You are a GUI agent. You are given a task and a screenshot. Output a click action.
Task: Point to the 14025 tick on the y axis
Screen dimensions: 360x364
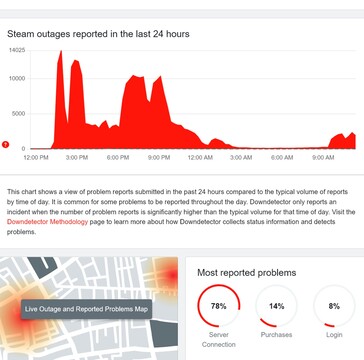(17, 49)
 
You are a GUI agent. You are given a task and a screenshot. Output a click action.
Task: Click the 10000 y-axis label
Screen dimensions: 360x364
(18, 81)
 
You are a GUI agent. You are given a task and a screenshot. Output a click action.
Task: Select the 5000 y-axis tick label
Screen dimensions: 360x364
(20, 113)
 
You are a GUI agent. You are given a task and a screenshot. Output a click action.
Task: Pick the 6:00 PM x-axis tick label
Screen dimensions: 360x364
(118, 157)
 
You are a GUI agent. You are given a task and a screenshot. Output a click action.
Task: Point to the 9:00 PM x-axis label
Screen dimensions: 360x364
(159, 157)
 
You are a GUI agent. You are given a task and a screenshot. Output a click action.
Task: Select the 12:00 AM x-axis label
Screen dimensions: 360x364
(200, 157)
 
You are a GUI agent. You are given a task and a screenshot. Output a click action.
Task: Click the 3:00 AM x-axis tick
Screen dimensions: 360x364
(241, 157)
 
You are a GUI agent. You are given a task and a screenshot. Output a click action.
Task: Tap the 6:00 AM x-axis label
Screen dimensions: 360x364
(282, 157)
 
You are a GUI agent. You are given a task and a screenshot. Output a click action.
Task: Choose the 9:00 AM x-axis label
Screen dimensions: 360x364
(323, 157)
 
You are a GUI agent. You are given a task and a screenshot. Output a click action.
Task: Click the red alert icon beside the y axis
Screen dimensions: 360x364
(7, 146)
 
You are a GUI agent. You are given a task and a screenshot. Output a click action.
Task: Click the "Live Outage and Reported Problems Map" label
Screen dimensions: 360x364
(87, 310)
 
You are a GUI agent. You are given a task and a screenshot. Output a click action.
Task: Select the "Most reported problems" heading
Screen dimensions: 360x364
(246, 272)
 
